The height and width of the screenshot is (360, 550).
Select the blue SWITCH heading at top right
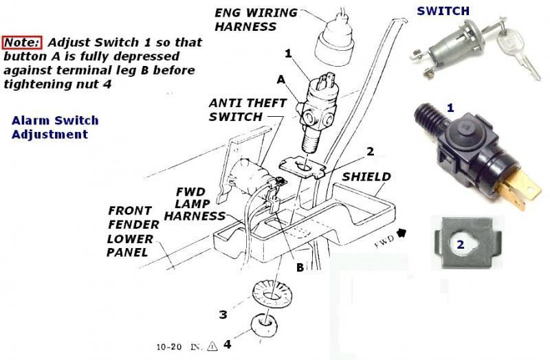[x=443, y=11]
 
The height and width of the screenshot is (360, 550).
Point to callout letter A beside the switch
[x=280, y=80]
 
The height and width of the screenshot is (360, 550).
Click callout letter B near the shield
[x=299, y=267]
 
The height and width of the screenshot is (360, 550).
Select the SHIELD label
[x=366, y=177]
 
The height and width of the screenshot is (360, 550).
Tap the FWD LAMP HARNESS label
[x=199, y=204]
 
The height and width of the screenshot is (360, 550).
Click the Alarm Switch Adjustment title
[x=54, y=127]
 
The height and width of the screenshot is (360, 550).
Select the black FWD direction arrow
[x=400, y=234]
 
